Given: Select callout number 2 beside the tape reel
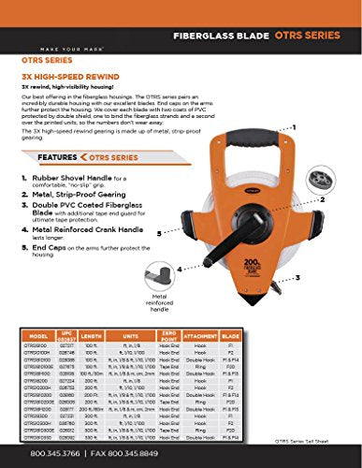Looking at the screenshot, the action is pyautogui.click(x=324, y=199).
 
